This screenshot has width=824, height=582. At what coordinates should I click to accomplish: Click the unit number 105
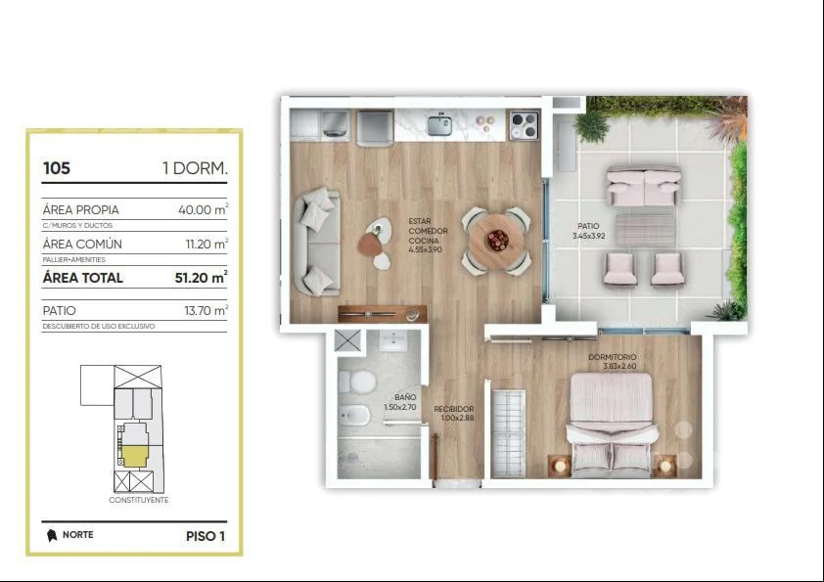[x=56, y=168]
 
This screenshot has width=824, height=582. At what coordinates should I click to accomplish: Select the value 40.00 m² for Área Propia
[x=203, y=209]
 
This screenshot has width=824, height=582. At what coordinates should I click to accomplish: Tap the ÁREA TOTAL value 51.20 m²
[x=201, y=277]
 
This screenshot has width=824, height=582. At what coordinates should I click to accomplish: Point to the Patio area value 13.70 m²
[x=206, y=310]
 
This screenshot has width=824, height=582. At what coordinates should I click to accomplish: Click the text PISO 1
[x=206, y=536]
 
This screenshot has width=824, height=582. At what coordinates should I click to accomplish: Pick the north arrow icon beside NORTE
[x=52, y=535]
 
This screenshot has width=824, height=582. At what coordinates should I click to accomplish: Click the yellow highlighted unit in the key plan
[x=134, y=456]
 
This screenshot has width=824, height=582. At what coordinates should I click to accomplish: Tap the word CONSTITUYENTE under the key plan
[x=139, y=500]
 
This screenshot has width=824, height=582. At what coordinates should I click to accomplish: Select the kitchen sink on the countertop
[x=439, y=124]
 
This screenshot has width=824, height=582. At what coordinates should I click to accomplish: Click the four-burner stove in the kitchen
[x=524, y=125]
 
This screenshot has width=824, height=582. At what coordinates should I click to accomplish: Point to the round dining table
[x=496, y=240]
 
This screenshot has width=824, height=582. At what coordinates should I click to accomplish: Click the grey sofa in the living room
[x=317, y=241]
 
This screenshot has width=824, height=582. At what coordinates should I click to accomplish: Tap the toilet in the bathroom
[x=356, y=381]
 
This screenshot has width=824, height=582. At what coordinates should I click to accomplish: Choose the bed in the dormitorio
[x=612, y=425]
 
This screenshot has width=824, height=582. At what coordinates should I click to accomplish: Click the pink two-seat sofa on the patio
[x=644, y=187]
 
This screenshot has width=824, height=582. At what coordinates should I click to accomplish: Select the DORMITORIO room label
[x=613, y=357]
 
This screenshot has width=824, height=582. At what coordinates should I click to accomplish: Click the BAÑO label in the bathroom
[x=405, y=398]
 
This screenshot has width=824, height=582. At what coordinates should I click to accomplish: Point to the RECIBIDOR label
[x=453, y=409]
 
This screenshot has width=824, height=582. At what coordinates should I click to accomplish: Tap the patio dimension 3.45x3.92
[x=588, y=236]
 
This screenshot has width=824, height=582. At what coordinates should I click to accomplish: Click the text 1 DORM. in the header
[x=195, y=168]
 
